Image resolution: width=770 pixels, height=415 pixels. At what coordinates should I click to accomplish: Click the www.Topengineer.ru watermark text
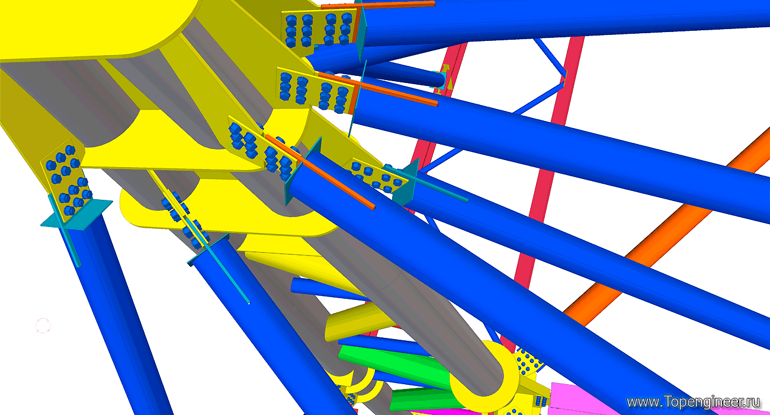pos(692,403)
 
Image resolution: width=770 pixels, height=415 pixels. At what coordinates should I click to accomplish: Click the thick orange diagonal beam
pos(667,227)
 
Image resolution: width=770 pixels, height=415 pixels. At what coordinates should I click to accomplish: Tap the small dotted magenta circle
pos(43,325)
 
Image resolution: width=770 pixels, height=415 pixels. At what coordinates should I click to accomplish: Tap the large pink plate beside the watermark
pos(585,399)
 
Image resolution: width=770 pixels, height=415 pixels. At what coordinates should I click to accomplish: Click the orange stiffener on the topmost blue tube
pos(378,5)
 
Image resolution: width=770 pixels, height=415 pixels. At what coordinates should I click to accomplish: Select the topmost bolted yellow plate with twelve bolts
pos(318,29)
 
